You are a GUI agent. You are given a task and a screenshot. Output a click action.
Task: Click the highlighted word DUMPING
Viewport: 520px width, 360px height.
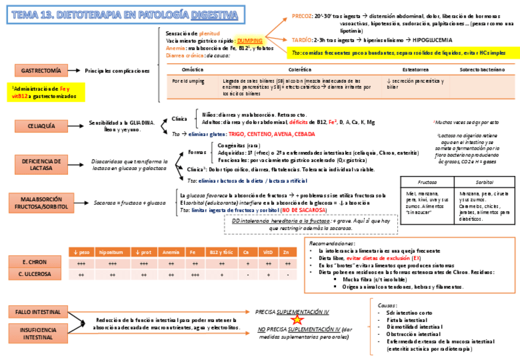(x=249, y=40)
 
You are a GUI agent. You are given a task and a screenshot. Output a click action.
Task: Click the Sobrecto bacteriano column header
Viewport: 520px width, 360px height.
(x=482, y=71)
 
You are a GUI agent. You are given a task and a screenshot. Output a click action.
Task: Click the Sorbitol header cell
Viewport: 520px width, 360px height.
(x=484, y=182)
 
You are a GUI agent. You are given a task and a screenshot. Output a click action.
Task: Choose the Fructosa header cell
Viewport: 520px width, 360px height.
(x=427, y=182)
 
